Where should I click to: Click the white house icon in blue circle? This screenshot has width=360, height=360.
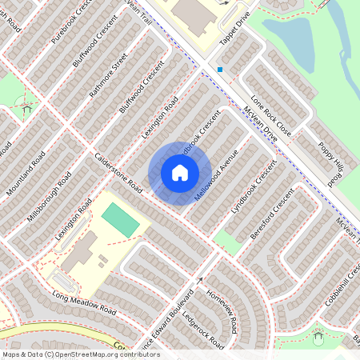[180, 173]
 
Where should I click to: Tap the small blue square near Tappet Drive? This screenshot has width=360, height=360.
[220, 70]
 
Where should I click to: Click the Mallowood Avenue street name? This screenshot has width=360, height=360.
[217, 174]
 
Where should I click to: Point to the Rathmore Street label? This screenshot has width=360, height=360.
[109, 76]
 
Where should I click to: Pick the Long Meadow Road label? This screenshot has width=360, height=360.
[84, 304]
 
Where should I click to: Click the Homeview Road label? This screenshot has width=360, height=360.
[222, 311]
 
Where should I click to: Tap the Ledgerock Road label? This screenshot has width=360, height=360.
[202, 329]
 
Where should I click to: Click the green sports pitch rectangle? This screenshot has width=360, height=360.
[120, 219]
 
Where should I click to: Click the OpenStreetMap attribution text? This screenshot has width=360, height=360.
[80, 354]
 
